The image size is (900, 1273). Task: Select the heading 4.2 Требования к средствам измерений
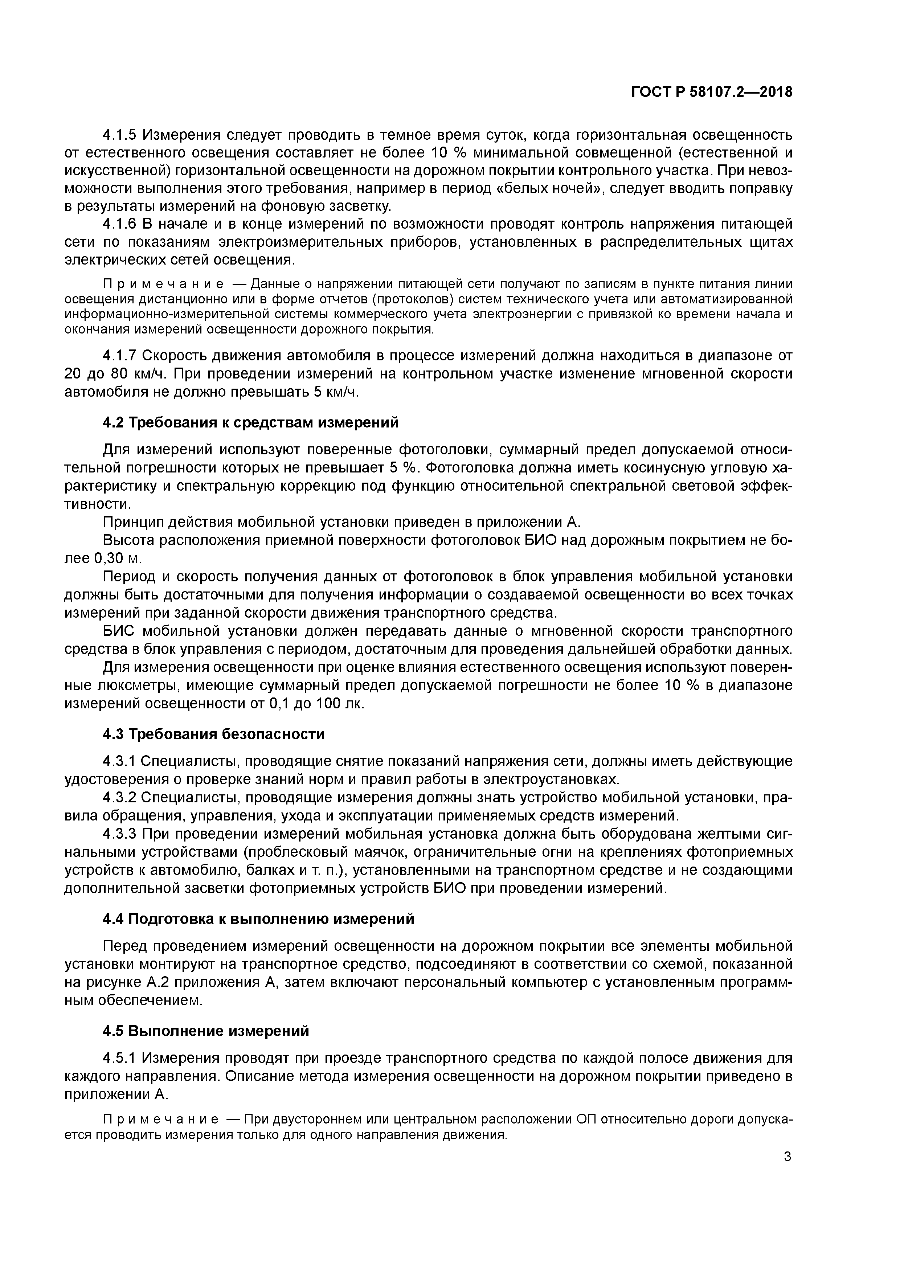point(251,422)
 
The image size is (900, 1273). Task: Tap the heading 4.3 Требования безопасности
point(213,734)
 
